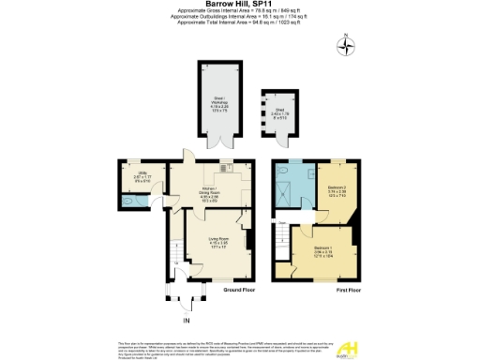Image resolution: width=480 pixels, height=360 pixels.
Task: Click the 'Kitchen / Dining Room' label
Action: coord(209,194)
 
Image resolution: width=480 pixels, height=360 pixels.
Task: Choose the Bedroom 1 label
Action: coord(322,253)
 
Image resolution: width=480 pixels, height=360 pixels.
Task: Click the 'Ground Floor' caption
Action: coord(240,292)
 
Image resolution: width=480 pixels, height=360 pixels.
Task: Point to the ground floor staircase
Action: coord(173,246)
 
